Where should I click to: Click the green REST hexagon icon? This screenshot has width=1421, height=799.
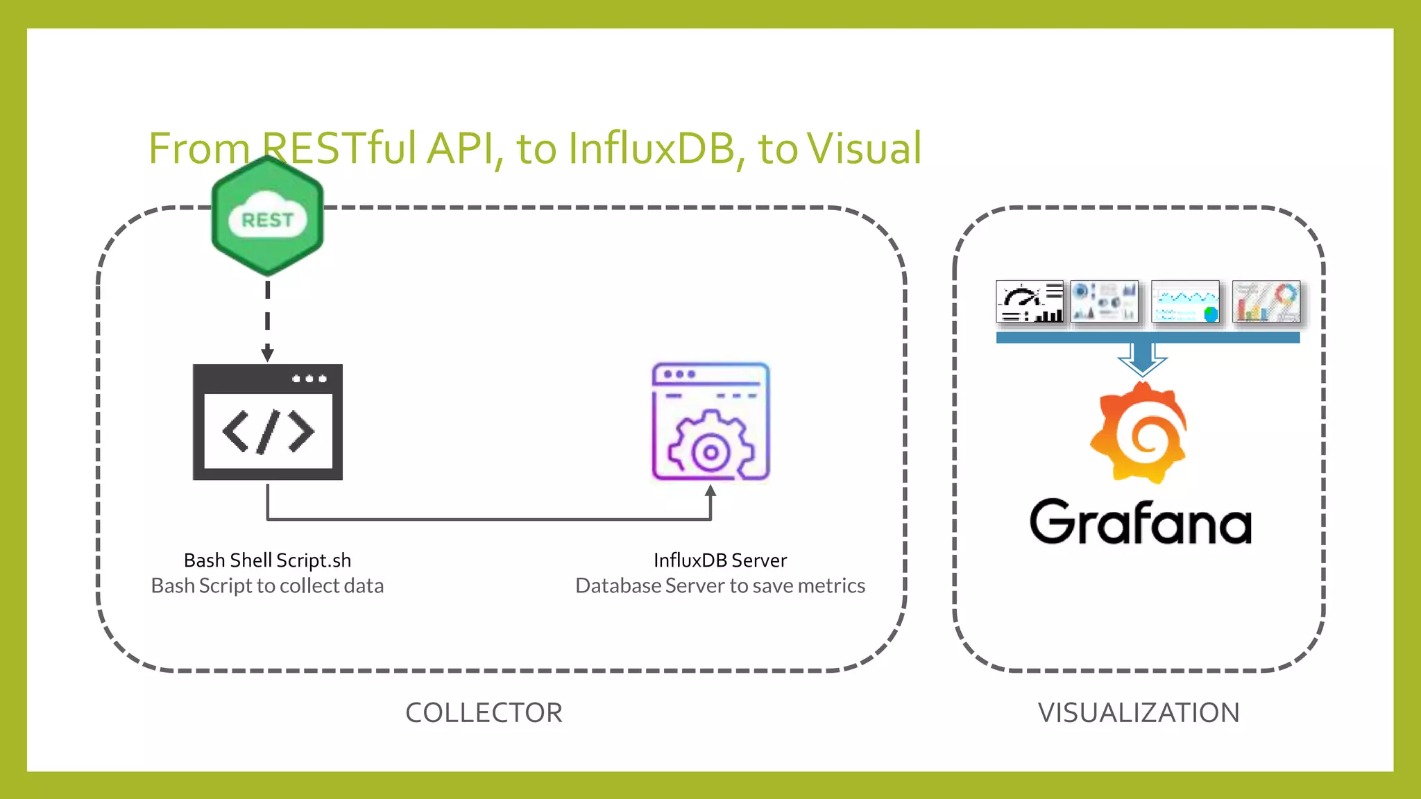coord(267,216)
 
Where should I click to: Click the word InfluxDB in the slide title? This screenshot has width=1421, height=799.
coord(651,148)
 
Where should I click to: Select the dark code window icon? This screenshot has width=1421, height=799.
coord(267,422)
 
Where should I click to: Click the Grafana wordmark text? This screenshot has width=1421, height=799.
coord(1140,522)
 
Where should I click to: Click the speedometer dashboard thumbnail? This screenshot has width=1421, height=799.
coord(1030,302)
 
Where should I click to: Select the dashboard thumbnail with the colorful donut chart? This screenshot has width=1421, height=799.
coord(1266,302)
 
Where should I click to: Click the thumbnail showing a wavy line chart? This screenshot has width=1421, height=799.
coord(1185,302)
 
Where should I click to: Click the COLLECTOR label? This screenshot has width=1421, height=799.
coord(484,713)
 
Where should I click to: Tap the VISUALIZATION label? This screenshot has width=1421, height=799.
coord(1139,713)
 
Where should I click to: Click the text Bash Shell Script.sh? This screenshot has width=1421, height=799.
coord(267,560)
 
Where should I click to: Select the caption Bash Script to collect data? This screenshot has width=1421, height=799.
coord(267,586)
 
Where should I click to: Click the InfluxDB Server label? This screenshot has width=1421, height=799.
coord(720,560)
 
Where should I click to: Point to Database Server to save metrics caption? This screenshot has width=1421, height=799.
coord(720,586)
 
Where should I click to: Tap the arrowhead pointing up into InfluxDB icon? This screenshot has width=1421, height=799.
coord(710,492)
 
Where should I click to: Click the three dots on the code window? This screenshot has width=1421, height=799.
coord(309,379)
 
